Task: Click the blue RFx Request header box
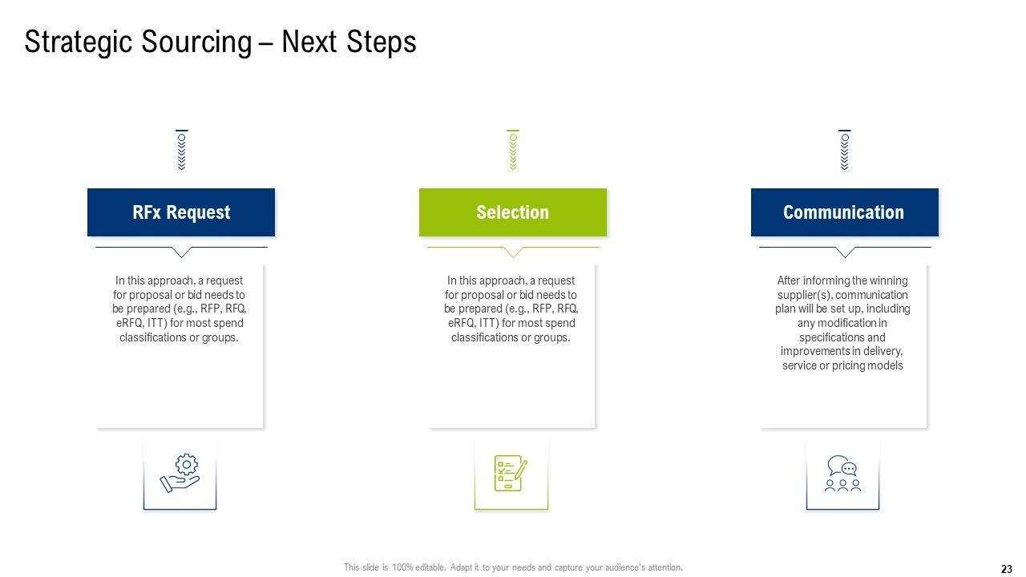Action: click(x=181, y=212)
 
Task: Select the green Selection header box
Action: click(x=512, y=212)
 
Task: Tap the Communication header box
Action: click(x=844, y=212)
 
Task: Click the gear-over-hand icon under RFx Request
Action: click(x=180, y=473)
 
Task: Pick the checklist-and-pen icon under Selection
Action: click(x=511, y=473)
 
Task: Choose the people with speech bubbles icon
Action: click(x=842, y=473)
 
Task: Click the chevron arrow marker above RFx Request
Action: click(x=182, y=150)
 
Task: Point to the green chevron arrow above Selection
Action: click(x=513, y=150)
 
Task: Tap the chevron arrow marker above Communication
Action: click(x=845, y=150)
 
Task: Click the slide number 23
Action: click(x=1006, y=569)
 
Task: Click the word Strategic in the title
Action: click(x=79, y=42)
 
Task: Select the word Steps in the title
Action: click(x=381, y=42)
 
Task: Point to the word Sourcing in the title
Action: click(x=196, y=42)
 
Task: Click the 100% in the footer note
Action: click(x=402, y=567)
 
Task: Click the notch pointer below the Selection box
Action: click(x=513, y=252)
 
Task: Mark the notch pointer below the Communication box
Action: click(x=845, y=252)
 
